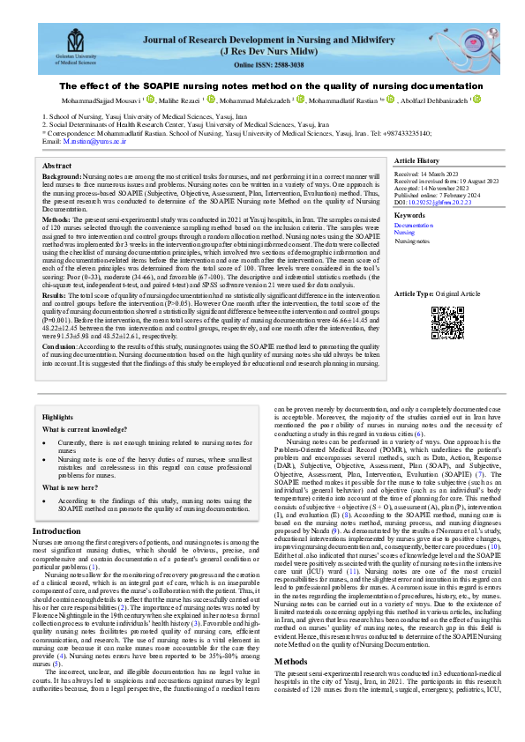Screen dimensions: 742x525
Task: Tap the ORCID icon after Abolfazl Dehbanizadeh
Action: (x=477, y=100)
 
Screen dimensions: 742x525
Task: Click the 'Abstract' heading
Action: (x=57, y=165)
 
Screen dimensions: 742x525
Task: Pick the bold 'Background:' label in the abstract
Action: (x=62, y=176)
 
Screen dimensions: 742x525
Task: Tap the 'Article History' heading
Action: (x=416, y=161)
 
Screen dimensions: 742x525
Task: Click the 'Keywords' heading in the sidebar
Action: (x=409, y=215)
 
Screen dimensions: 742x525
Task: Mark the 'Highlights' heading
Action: (x=57, y=416)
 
